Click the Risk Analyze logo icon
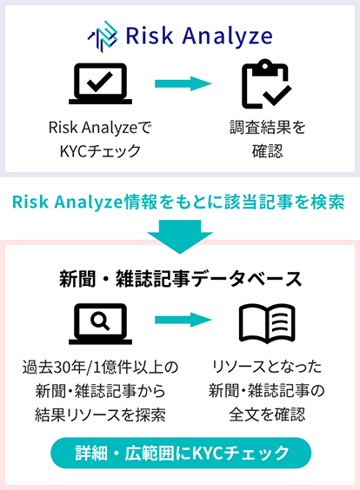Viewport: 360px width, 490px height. [103, 36]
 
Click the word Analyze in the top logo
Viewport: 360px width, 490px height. [227, 36]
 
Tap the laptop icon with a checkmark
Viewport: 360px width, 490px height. [100, 83]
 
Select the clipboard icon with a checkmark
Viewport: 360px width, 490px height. [267, 83]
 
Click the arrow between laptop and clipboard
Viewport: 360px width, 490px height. [183, 83]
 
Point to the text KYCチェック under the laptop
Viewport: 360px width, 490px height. [100, 151]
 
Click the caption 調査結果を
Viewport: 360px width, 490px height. [268, 128]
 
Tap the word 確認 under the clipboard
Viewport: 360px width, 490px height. [268, 151]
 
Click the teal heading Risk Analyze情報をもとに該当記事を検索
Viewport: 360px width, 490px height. [178, 202]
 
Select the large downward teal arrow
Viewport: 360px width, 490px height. [180, 236]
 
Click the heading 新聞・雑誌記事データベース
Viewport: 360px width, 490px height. [181, 279]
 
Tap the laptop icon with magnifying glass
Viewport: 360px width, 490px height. [100, 324]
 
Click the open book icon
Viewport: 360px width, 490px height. [267, 323]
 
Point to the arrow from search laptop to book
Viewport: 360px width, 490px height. [183, 320]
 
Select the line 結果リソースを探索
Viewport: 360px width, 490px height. [100, 415]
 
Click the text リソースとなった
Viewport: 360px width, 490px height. [267, 367]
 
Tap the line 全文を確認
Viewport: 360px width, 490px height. [267, 415]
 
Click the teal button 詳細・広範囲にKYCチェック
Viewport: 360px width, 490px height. [181, 453]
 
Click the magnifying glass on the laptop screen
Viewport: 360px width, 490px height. [100, 321]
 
